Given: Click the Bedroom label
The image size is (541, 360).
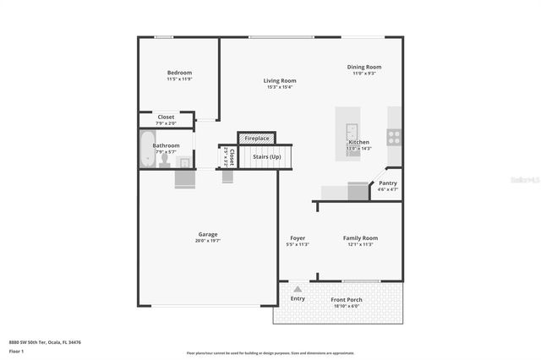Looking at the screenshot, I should click(179, 73).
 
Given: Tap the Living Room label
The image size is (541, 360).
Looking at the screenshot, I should click(280, 80).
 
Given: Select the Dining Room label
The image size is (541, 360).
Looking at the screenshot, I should click(364, 67).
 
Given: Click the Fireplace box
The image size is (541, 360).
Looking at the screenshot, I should click(257, 138).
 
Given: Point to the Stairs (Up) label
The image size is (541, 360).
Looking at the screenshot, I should click(266, 156).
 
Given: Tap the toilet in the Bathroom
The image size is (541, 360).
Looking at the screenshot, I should click(165, 159).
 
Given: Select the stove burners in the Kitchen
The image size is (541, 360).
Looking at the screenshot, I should click(394, 136).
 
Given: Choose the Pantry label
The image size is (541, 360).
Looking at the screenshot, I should click(387, 183).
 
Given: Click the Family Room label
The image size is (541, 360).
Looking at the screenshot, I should click(360, 238).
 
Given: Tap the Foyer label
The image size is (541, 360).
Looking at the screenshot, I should click(298, 238).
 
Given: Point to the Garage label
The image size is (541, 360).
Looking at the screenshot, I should click(208, 234).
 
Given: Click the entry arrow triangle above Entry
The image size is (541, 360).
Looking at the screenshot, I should click(298, 289).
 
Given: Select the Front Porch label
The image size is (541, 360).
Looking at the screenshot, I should click(347, 299).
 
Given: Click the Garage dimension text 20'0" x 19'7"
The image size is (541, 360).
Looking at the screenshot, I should click(208, 241).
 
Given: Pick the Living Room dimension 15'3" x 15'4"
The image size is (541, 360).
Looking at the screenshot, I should click(280, 87).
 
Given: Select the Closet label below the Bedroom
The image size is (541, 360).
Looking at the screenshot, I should click(167, 117).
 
